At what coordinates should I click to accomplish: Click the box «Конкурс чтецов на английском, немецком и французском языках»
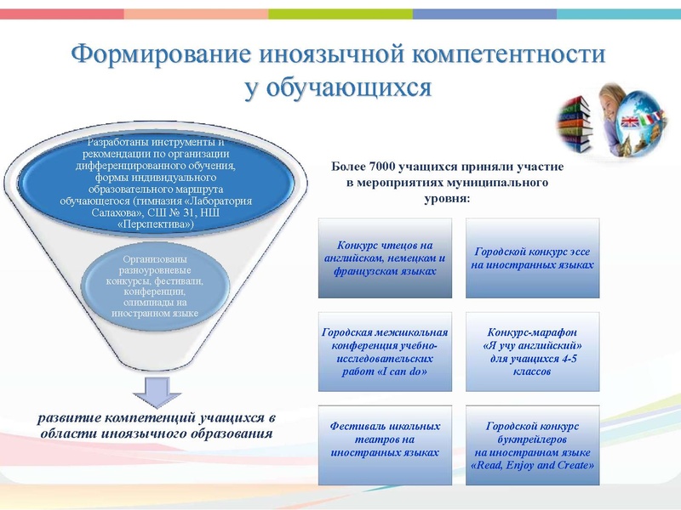(x=385, y=258)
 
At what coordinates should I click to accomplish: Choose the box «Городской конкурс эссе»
(x=532, y=258)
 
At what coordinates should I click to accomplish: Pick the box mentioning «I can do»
(x=385, y=351)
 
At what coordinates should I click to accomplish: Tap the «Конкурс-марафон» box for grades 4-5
(x=532, y=351)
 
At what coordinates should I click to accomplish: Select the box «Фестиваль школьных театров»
(x=385, y=445)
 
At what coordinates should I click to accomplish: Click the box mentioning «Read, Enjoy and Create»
(x=532, y=445)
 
